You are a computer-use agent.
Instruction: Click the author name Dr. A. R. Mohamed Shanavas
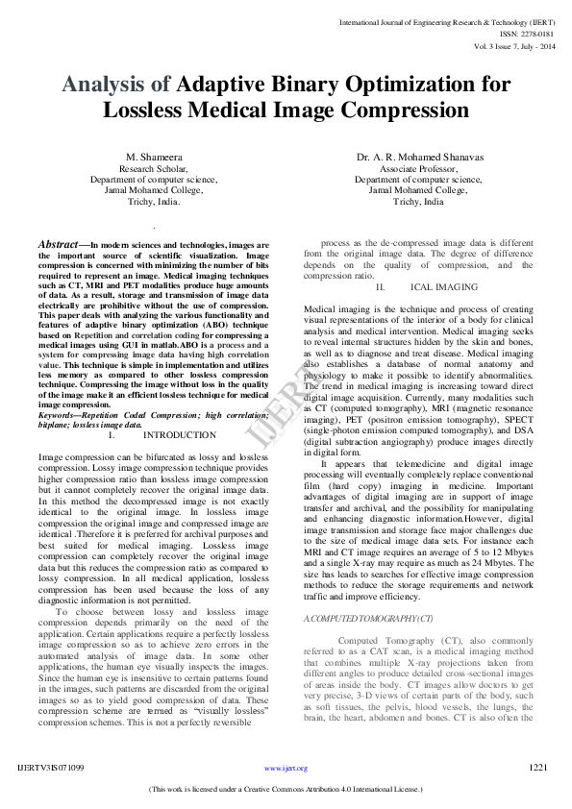pos(418,156)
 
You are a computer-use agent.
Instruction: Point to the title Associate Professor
pos(418,167)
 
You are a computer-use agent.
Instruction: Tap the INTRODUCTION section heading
pos(180,435)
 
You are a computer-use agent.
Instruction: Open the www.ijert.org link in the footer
pos(286,769)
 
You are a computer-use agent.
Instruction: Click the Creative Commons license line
pos(286,790)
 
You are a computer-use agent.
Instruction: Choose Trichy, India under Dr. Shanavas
pos(418,202)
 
